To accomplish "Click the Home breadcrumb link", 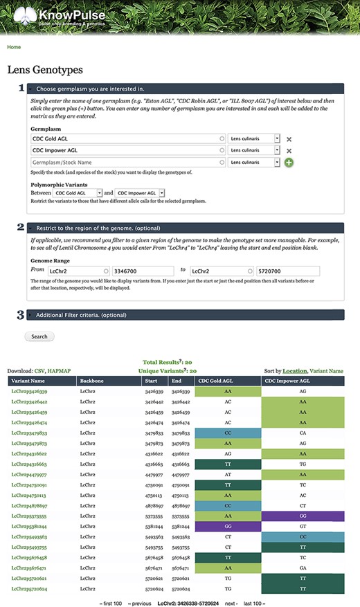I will [14, 47].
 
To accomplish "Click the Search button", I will [39, 336].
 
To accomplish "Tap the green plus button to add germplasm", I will [288, 162].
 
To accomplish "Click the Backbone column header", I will [92, 381].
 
